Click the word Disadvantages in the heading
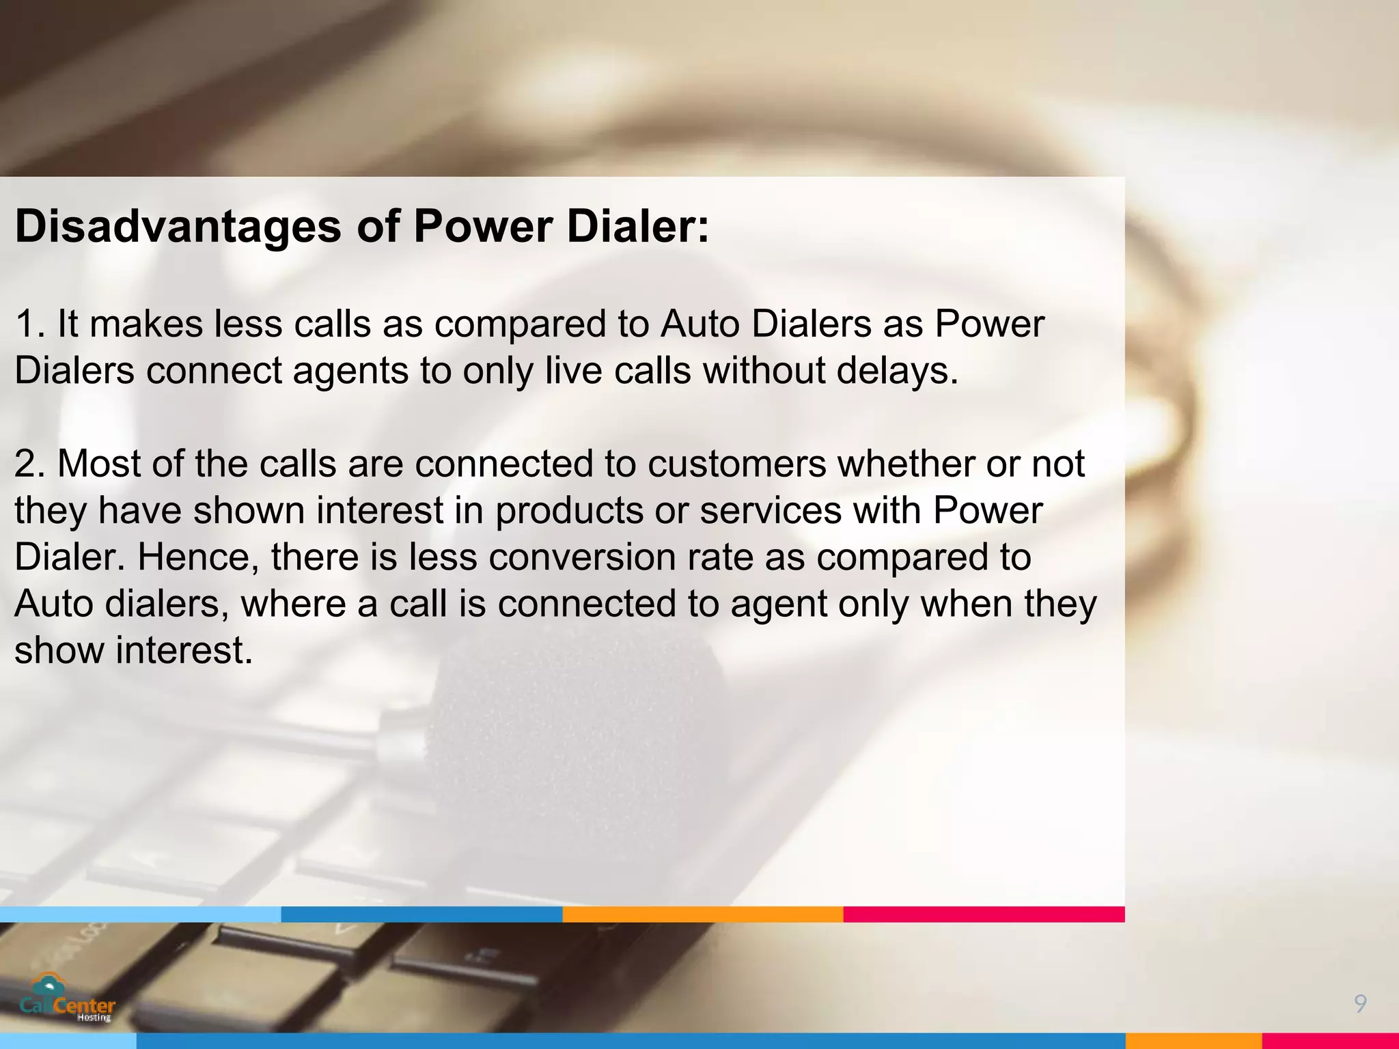coord(178,226)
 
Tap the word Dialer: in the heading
coord(638,226)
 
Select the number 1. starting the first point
coord(30,324)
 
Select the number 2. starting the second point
coord(30,464)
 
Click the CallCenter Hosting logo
coord(68,999)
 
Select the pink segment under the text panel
coord(984,914)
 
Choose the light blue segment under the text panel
coord(140,914)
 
